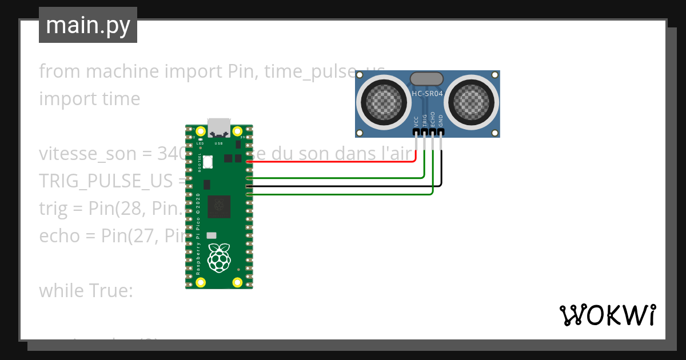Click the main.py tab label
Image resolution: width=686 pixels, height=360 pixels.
coord(88,25)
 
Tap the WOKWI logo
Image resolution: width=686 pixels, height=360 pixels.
coord(607,315)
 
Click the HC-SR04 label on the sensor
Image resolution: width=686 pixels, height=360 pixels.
coord(428,93)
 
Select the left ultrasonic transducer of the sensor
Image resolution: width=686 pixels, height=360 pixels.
coord(382,103)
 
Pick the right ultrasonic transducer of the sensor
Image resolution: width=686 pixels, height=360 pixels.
coord(472,103)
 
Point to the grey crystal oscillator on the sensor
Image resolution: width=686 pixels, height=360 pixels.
coord(427,79)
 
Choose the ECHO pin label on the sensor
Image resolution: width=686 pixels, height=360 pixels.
coord(433,118)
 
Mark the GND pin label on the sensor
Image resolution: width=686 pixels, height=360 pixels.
coord(441,120)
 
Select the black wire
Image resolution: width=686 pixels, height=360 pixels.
coord(343,186)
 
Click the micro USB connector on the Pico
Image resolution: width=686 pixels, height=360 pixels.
coord(219,127)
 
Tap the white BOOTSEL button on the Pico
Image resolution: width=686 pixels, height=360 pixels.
coord(208,162)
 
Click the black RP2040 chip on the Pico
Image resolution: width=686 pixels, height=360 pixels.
coord(219,206)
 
